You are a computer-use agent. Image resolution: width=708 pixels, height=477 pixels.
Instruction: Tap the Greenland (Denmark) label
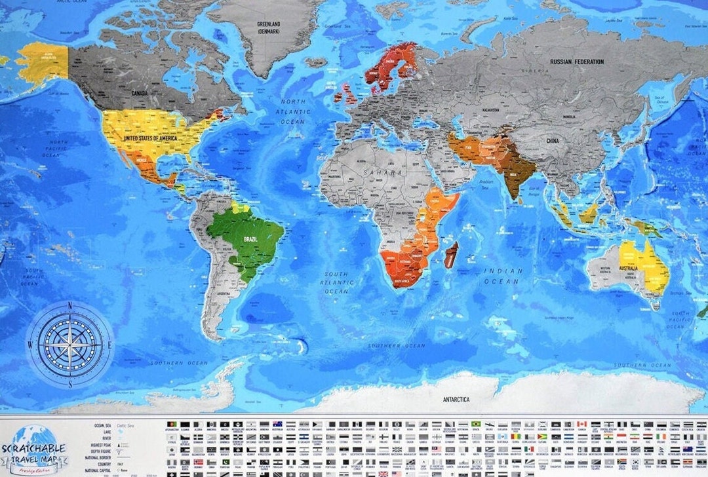click(267, 27)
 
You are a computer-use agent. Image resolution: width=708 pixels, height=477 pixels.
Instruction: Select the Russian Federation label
click(577, 62)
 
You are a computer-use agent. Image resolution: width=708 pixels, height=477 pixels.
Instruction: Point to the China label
click(552, 141)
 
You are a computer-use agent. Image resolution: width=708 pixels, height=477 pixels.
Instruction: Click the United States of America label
click(150, 138)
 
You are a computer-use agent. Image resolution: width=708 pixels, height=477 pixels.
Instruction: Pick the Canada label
click(140, 93)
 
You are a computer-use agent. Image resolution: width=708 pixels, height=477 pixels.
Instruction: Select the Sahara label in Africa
click(372, 172)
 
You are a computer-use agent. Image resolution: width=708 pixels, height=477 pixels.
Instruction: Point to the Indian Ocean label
click(503, 276)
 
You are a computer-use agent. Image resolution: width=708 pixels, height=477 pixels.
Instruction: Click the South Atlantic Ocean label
click(338, 282)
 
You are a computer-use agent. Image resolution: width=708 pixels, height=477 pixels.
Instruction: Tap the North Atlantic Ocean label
click(293, 111)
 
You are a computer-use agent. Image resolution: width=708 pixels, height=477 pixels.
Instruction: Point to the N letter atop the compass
click(69, 305)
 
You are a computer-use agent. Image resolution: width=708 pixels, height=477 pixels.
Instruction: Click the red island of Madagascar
click(451, 255)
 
